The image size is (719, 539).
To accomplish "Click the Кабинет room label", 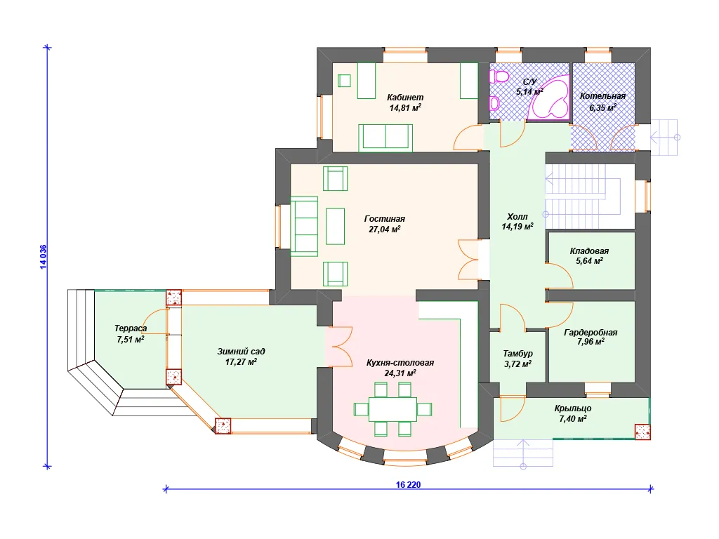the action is tap(405, 97).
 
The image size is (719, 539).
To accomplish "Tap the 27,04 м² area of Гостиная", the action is tap(385, 229).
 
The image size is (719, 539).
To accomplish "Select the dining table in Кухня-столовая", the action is tap(393, 409).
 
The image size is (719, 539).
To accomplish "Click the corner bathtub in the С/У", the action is tap(548, 101).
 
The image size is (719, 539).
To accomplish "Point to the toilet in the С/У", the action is tap(499, 76).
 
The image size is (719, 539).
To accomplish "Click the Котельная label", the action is tap(602, 96).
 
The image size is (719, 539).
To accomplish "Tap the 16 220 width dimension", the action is tap(408, 484).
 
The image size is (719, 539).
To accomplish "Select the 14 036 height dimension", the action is tap(43, 257).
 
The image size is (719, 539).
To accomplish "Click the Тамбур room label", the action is tap(517, 354).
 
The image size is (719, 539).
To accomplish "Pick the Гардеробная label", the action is tap(591, 332).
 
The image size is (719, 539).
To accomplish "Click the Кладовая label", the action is tap(589, 251).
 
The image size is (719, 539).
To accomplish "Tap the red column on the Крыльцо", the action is tap(642, 432).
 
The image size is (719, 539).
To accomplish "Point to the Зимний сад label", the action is tap(241, 352).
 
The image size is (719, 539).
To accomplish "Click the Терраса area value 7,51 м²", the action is tap(131, 340).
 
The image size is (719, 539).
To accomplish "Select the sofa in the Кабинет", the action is tap(385, 138).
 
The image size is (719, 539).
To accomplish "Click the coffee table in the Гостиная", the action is tap(335, 227).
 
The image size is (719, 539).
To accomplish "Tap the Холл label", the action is tap(517, 216).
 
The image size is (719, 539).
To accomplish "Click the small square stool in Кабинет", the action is tap(344, 81).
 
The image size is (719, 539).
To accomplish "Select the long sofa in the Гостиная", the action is tap(304, 227).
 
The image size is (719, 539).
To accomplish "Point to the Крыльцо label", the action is tap(573, 408).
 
